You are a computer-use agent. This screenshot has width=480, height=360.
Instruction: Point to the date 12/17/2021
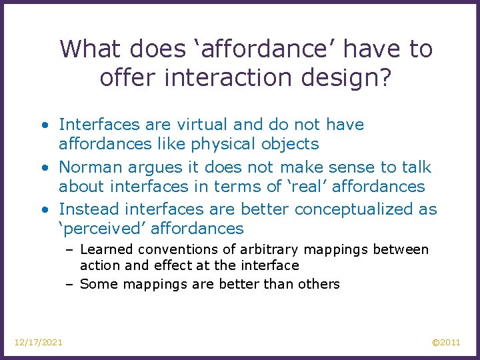pos(39,343)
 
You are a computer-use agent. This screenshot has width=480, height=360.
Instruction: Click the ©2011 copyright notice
pos(446,343)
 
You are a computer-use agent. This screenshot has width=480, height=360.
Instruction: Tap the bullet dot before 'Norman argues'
pos(44,167)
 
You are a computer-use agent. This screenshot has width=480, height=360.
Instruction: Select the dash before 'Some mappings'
pos(69,285)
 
